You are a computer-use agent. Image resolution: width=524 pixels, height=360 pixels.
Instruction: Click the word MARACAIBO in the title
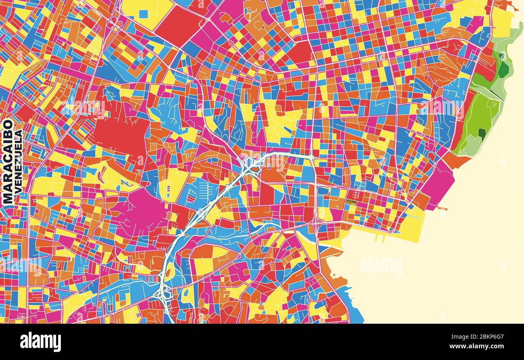tap(8, 161)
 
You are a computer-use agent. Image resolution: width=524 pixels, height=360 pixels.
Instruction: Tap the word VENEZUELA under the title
tap(18, 163)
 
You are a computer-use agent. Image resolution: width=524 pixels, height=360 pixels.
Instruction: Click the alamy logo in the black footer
tap(40, 342)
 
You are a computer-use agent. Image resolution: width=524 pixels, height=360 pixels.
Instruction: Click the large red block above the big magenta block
tap(121, 133)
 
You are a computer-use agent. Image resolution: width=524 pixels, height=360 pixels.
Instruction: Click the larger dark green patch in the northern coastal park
tap(503, 69)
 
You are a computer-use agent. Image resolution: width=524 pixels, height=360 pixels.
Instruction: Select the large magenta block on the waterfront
tap(437, 185)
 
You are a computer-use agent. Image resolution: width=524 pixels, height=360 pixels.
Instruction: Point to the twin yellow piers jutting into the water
tap(378, 237)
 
